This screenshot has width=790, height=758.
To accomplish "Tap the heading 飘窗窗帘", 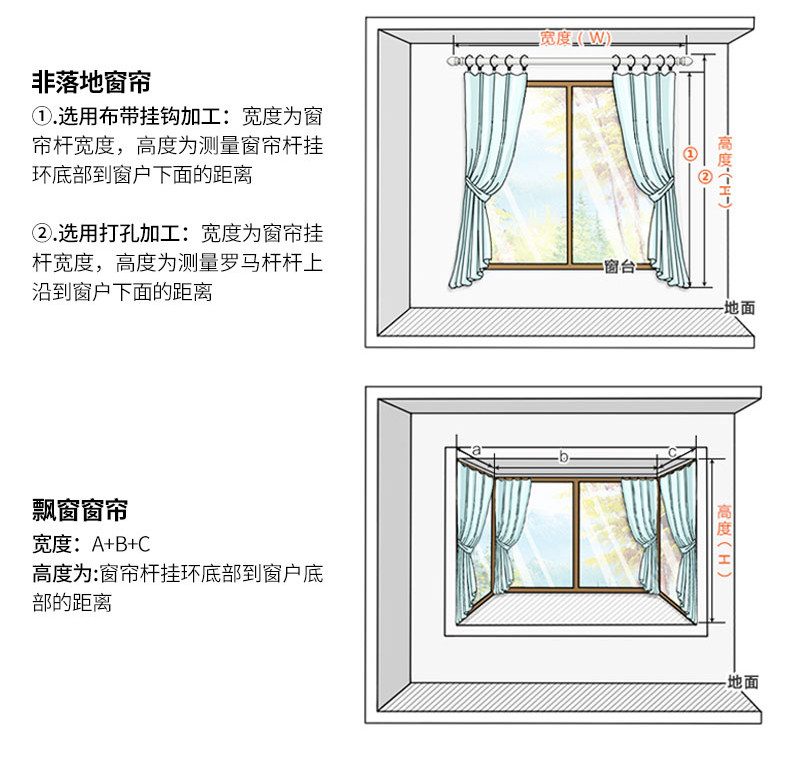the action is [x=80, y=511].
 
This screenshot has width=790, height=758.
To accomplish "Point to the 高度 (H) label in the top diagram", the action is [x=725, y=170].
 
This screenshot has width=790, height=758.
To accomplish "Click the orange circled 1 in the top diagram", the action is [x=689, y=154].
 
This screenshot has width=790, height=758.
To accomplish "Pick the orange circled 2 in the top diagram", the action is [x=704, y=177].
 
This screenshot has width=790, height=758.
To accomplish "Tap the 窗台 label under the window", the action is [x=620, y=267].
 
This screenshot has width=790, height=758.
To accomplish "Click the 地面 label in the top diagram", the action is [x=741, y=308].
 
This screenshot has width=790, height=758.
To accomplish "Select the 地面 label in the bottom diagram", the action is [x=743, y=682].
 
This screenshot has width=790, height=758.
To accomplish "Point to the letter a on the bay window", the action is [x=476, y=450].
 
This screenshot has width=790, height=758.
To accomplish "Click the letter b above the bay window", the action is [x=563, y=457].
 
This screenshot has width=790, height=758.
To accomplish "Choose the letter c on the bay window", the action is [x=671, y=450].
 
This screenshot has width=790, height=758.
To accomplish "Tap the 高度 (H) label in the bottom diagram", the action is [x=724, y=539].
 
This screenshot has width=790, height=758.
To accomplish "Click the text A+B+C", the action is [x=121, y=545].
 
